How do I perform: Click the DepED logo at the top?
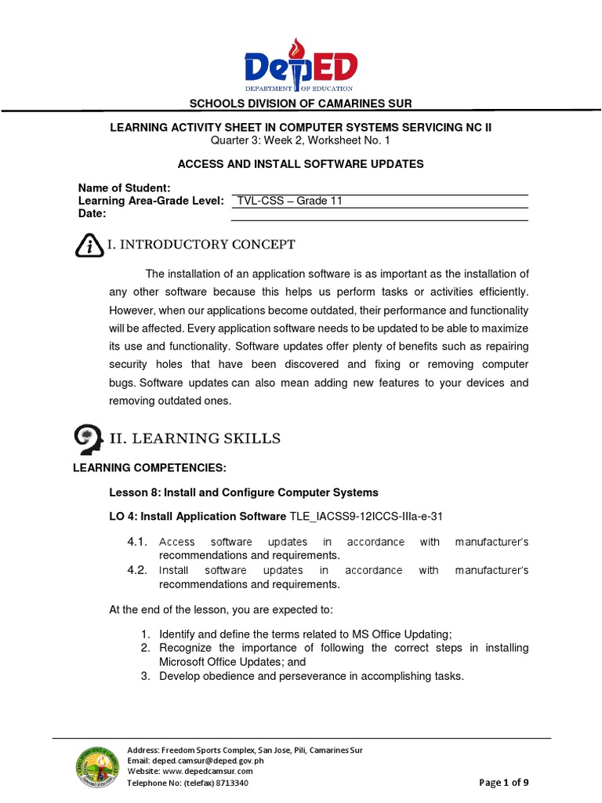tap(301, 66)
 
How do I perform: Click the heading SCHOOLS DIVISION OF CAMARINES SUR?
tap(302, 104)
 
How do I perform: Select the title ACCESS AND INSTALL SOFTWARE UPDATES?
tap(301, 164)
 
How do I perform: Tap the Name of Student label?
tap(125, 188)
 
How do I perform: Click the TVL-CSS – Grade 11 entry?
tap(290, 201)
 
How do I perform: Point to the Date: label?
tap(92, 214)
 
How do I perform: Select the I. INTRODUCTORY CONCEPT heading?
tap(201, 245)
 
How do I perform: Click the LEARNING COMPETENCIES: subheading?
tap(149, 468)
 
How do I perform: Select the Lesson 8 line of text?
tap(243, 492)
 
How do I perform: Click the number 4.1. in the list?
tap(137, 543)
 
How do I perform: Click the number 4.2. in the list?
tap(137, 570)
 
